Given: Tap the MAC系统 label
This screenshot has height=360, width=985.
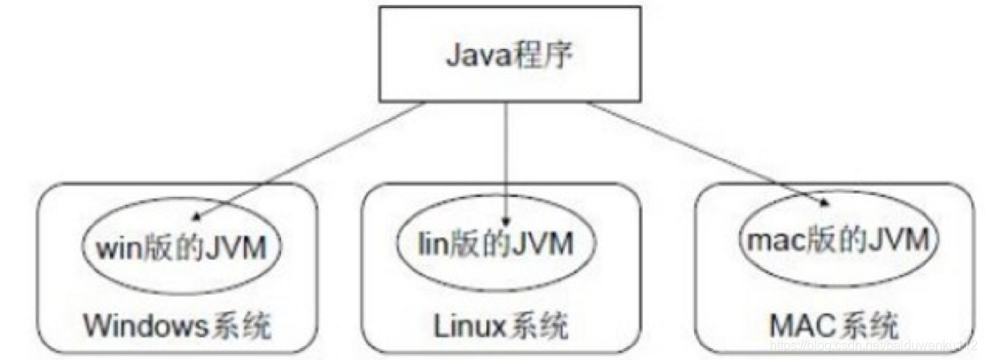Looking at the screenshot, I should click(x=833, y=325).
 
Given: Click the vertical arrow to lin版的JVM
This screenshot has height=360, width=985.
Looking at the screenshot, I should click(x=506, y=161).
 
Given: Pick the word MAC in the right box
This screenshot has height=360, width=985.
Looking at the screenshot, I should click(x=803, y=325).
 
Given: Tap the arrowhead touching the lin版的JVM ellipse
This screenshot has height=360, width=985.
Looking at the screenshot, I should click(x=506, y=218).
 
